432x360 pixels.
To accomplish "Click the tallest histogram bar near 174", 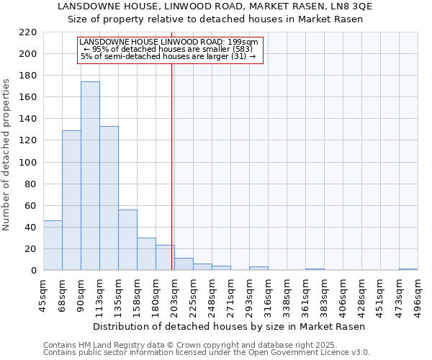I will [x=90, y=176].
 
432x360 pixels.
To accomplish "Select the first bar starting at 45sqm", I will [x=53, y=246].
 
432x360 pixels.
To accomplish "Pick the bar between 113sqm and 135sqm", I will [x=109, y=198].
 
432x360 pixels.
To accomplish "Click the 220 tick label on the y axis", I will [x=27, y=32].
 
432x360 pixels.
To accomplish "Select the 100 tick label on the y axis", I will [x=27, y=163].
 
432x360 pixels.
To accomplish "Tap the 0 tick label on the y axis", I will [x=33, y=271].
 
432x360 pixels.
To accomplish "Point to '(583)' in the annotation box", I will [x=234, y=49].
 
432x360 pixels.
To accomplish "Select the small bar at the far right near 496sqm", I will [x=408, y=269].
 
